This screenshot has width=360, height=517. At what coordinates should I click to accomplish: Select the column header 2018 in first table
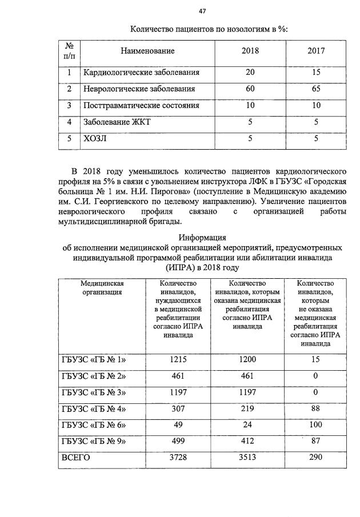tap(250, 51)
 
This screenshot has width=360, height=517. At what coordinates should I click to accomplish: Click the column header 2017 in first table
tap(315, 51)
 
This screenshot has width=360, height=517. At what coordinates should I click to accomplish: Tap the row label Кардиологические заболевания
tap(141, 73)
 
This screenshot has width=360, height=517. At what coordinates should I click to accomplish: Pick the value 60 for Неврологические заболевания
tap(250, 89)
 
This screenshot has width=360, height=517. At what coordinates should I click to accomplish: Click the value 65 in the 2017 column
tap(315, 89)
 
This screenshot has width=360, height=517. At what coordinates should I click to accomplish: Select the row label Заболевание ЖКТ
tap(116, 122)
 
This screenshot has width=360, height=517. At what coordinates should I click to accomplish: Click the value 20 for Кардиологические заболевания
tap(250, 73)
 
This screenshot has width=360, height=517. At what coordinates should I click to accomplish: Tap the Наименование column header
tap(147, 51)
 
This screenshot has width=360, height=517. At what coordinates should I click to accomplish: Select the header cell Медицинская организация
tap(102, 287)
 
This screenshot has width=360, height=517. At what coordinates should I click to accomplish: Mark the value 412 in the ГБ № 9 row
tap(247, 442)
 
